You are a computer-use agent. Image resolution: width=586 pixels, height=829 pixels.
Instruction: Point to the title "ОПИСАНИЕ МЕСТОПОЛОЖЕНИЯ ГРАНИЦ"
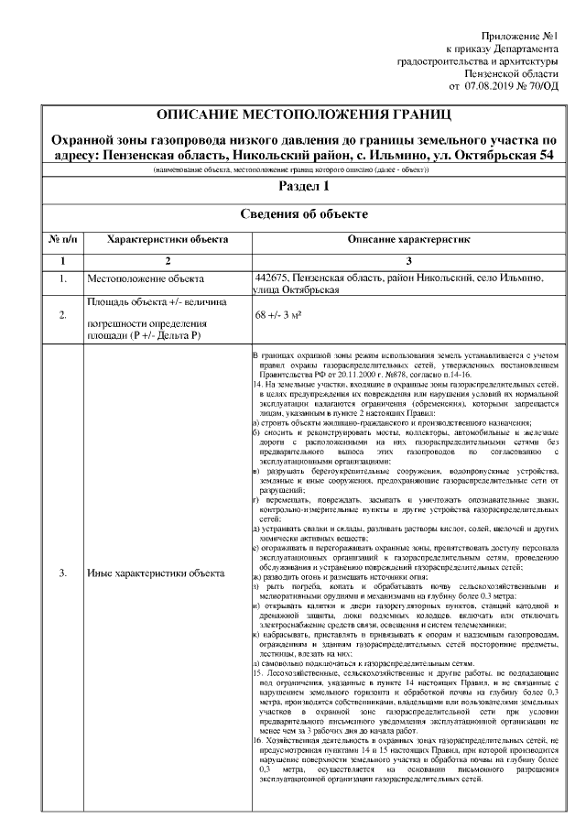point(304,116)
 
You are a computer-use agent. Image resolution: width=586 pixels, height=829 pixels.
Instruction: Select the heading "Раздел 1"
point(304,186)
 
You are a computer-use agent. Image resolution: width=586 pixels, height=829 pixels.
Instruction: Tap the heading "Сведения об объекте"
point(304,213)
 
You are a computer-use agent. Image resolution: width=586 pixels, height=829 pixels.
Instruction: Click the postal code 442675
point(273,277)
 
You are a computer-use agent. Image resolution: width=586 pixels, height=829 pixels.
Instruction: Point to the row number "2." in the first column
point(62,316)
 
